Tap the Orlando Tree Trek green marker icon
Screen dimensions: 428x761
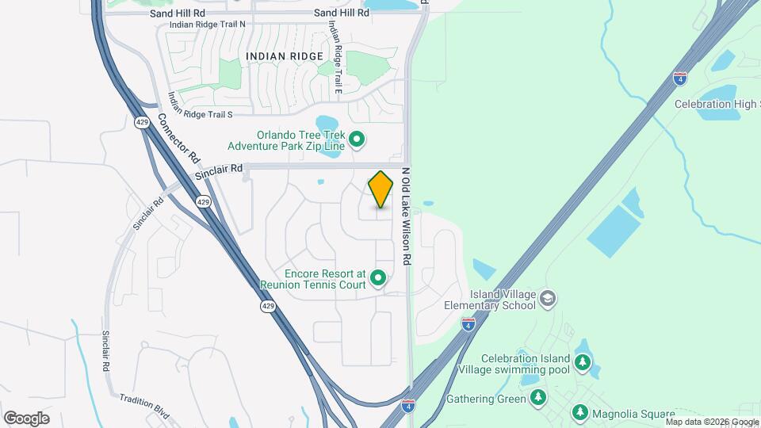pos(357,140)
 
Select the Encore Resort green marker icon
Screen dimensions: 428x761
pos(378,277)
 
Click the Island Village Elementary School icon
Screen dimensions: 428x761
pos(547,299)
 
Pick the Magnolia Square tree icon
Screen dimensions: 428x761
pos(581,412)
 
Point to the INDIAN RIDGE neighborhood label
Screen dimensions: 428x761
pos(285,56)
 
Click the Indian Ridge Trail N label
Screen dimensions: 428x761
pos(208,25)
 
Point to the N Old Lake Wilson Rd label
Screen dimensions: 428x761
pos(406,216)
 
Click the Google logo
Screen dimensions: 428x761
pos(26,418)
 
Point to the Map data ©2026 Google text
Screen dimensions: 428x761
pos(712,422)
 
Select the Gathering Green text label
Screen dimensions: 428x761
pos(486,399)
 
